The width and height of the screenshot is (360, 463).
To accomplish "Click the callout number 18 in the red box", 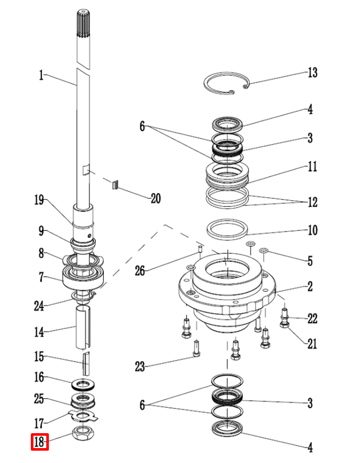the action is [39, 442].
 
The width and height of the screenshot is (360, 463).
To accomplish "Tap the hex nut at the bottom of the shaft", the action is [83, 433].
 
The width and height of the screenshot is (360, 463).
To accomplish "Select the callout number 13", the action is [313, 72].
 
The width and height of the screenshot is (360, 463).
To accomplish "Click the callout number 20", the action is [156, 198].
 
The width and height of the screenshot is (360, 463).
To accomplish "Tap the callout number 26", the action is [140, 270].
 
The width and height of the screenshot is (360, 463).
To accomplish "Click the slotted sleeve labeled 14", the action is [83, 327].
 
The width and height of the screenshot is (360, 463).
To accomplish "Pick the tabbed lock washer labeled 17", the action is [83, 416].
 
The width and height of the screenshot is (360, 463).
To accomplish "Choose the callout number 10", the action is [313, 230].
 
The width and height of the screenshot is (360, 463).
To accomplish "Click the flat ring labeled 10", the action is [227, 229].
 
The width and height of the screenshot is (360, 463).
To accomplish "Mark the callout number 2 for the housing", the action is [310, 286].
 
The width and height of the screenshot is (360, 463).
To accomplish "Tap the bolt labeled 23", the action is [197, 348].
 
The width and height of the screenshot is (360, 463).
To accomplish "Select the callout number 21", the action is [312, 344].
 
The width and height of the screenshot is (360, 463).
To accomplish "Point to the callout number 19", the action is [39, 200].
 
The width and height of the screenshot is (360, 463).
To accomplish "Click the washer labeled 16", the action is [83, 384].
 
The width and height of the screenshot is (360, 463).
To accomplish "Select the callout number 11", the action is [313, 166].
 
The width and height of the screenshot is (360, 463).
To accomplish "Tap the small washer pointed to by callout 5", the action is [263, 251].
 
